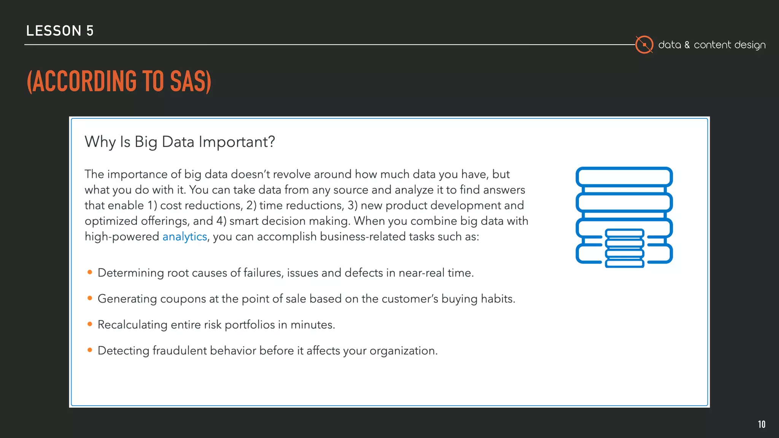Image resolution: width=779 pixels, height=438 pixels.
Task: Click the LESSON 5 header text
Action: tap(60, 31)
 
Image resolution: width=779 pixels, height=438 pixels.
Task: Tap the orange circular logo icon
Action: tap(644, 45)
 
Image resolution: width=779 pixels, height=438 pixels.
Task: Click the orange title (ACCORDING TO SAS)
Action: tap(119, 81)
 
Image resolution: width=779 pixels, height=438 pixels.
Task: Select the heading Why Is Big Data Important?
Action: tap(180, 142)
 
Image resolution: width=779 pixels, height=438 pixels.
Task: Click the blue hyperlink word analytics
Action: tap(184, 237)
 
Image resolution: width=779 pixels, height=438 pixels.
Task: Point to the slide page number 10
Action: tap(762, 424)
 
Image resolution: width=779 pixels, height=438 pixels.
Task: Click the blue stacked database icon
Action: tap(624, 217)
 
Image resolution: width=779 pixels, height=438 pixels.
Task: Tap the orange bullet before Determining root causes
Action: tap(90, 272)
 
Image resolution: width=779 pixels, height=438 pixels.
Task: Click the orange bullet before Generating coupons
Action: tap(90, 298)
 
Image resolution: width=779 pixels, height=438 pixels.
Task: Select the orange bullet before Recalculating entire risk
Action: tap(90, 324)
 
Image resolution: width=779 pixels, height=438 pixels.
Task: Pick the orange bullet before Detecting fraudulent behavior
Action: tap(90, 350)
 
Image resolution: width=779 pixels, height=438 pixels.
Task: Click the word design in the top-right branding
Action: tap(750, 45)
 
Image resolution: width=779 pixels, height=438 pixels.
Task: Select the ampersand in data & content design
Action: tap(687, 45)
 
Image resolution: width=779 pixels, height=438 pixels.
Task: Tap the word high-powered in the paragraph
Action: tap(122, 237)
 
